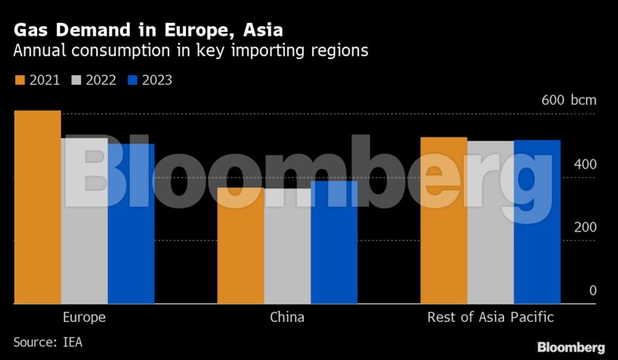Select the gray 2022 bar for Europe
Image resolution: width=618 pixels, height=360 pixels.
point(84,220)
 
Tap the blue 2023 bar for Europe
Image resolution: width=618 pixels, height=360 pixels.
point(131,223)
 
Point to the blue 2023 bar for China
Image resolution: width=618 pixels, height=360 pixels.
point(334,242)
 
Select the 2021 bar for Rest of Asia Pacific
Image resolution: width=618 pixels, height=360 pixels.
point(444,220)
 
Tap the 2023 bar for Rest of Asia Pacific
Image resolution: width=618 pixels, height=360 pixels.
point(537,222)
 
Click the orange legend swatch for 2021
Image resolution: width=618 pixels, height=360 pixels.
point(20,80)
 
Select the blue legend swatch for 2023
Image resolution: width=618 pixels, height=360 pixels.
point(133,80)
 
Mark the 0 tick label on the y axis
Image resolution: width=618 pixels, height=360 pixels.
point(593,290)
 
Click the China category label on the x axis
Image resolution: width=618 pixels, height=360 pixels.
point(287,317)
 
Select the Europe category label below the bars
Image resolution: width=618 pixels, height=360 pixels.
point(84,317)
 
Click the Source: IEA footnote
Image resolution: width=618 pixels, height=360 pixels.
point(47,342)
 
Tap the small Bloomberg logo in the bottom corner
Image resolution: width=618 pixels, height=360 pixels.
point(571,347)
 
